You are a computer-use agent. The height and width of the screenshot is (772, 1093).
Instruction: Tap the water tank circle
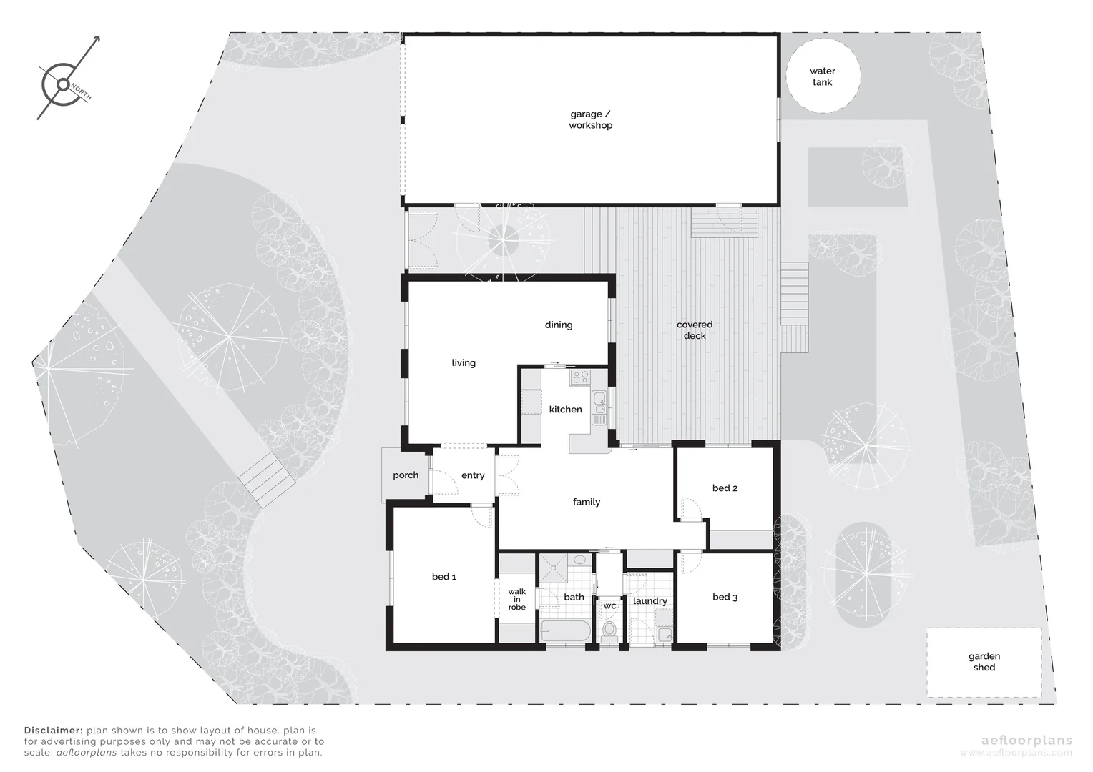[x=822, y=76]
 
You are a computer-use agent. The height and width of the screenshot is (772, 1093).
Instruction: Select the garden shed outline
[x=984, y=662]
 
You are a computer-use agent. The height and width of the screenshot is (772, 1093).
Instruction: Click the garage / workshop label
[x=590, y=119]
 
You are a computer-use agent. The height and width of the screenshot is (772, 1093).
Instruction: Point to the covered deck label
[x=695, y=330]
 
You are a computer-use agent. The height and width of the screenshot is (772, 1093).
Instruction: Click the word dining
[x=558, y=325]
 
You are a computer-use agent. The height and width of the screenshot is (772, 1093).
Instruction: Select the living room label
[x=463, y=363]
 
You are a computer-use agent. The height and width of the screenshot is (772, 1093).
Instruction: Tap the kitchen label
[x=565, y=410]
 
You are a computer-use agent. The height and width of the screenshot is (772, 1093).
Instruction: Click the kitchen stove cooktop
[x=579, y=376]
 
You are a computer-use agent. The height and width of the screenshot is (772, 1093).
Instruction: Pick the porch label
[x=406, y=475]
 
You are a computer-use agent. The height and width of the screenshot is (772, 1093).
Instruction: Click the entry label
[x=473, y=475]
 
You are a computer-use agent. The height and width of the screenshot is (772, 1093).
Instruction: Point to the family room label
[x=586, y=502]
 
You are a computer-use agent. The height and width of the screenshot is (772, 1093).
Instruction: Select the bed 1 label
[x=443, y=577]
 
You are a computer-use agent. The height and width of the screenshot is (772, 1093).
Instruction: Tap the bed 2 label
[x=725, y=488]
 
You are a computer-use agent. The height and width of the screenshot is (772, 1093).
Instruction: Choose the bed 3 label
[x=725, y=597]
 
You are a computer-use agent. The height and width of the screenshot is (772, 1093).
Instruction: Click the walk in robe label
[x=516, y=599]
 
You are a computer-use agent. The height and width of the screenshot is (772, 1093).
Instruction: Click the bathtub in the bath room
[x=565, y=631]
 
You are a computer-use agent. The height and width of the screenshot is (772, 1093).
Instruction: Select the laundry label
[x=650, y=601]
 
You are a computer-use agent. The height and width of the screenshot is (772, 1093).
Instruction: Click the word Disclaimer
[x=54, y=731]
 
